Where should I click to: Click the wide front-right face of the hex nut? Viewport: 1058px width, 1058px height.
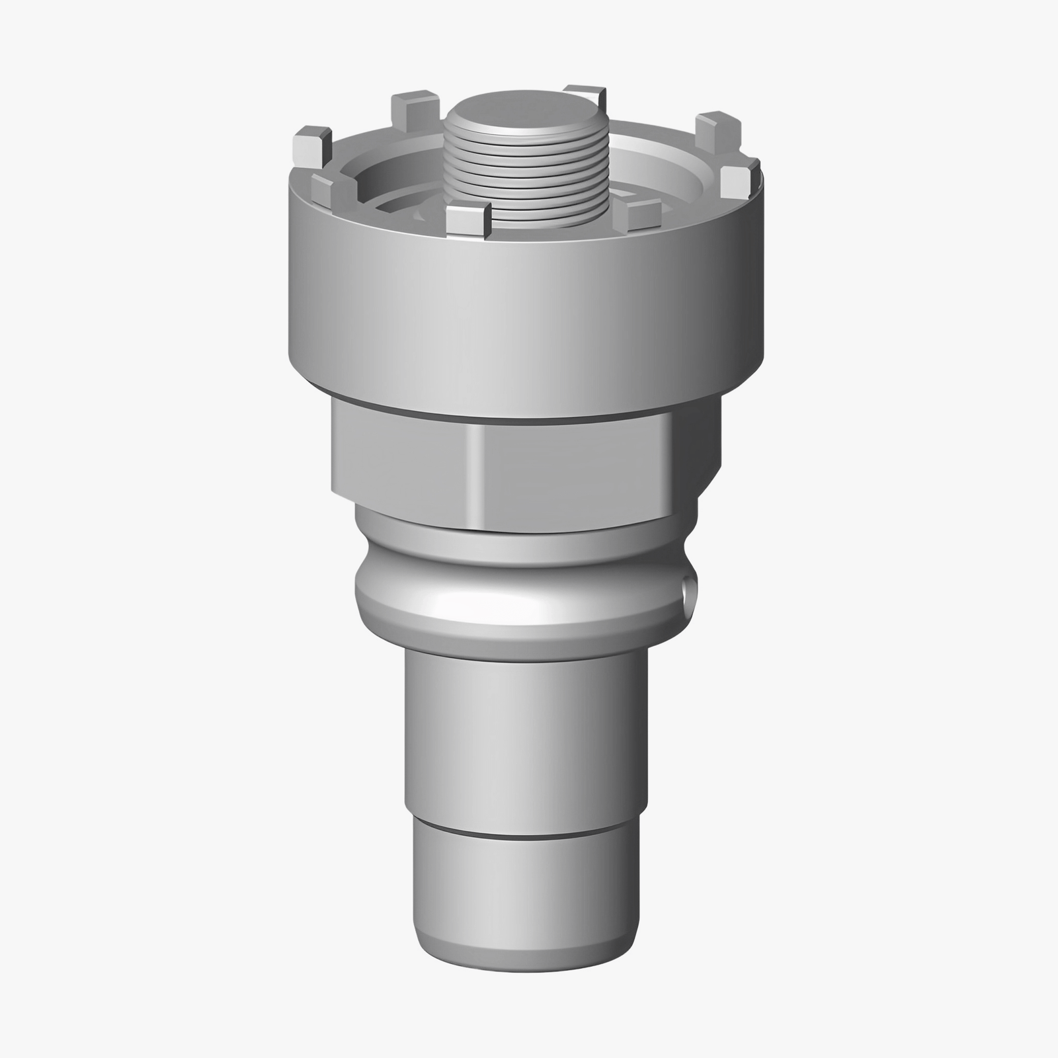pyautogui.click(x=575, y=473)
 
